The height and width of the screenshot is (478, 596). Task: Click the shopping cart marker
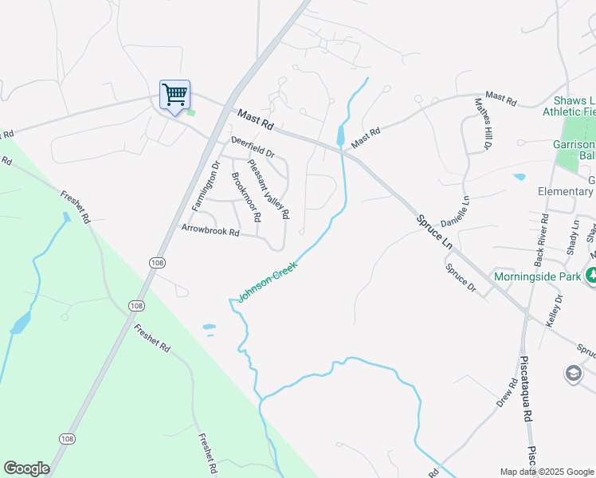click(174, 94)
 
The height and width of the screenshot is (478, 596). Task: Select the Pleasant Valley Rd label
click(268, 190)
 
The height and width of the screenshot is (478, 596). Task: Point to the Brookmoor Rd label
click(245, 197)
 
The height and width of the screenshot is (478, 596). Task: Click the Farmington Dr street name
click(206, 184)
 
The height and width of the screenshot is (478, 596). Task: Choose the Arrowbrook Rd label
click(210, 232)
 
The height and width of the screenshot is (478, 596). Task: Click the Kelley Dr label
click(555, 311)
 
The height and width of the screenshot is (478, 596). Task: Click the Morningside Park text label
click(538, 276)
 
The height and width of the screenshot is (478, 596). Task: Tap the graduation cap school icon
click(573, 373)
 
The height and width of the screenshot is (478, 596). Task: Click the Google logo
click(26, 468)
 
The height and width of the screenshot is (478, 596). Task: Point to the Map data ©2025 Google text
click(546, 472)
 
